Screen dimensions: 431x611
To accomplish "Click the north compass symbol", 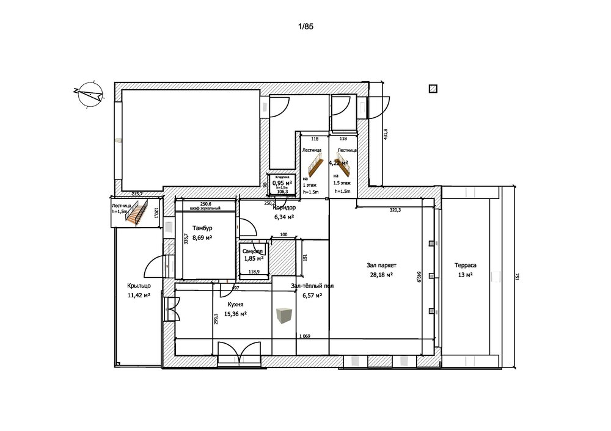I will tap(89, 94).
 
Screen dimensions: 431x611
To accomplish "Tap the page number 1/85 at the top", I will tap(305, 27).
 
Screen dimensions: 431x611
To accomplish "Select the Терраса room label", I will tap(465, 266).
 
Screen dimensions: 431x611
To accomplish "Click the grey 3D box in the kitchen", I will tap(283, 316).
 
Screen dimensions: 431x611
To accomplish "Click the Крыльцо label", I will tap(139, 286).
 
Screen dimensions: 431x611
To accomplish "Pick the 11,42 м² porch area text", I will tap(139, 295).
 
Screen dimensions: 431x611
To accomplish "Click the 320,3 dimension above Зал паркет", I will tap(395, 210).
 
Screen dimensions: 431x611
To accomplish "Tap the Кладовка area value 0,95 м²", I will tap(282, 183).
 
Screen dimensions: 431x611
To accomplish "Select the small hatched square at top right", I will tap(433, 89).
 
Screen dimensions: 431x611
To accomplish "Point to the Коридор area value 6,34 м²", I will tap(284, 217).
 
